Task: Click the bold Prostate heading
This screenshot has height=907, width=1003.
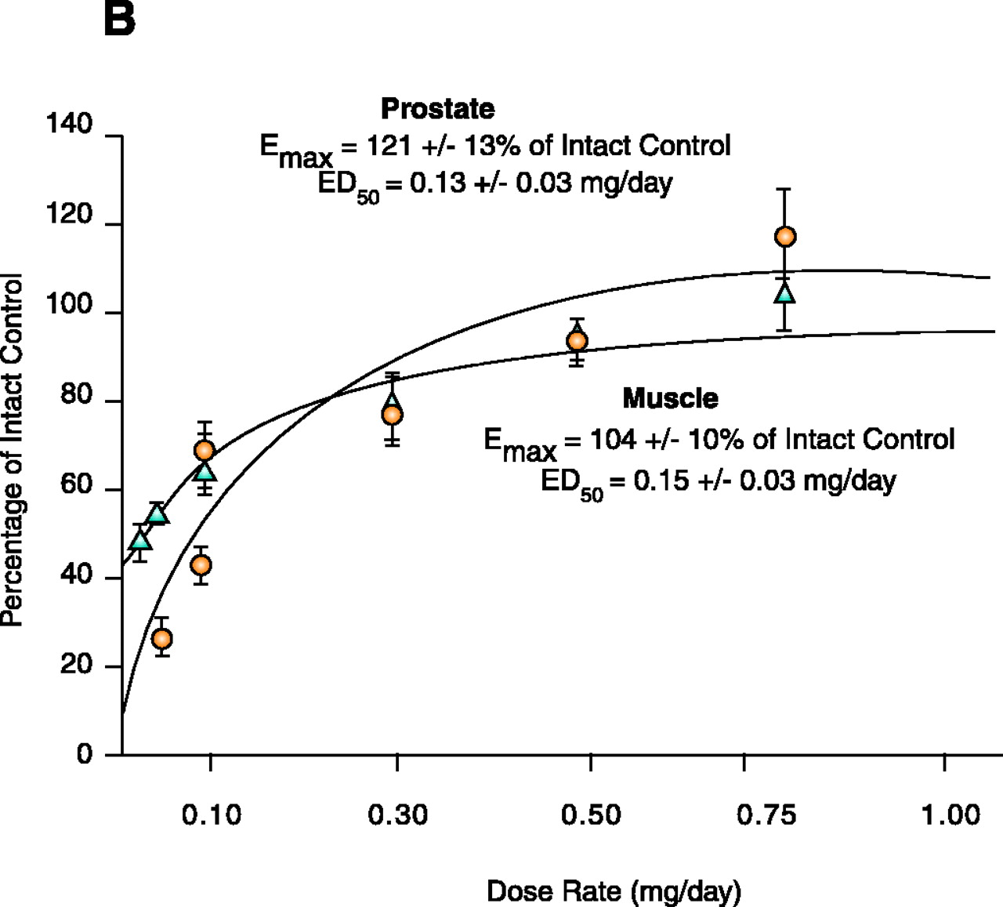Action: click(437, 109)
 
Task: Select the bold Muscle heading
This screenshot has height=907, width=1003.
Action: click(670, 398)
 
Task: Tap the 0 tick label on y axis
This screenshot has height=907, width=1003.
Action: click(85, 754)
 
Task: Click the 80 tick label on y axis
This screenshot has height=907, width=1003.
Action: click(77, 395)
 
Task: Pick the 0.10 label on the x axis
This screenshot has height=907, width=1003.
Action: click(212, 815)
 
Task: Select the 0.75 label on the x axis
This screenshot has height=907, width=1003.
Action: click(766, 815)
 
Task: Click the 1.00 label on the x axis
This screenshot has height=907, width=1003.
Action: click(950, 815)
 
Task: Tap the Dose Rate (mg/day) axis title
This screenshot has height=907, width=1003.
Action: click(614, 891)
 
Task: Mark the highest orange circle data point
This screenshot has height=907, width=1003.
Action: click(785, 237)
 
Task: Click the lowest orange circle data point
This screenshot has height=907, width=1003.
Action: click(162, 639)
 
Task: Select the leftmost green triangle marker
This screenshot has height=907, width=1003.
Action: click(140, 539)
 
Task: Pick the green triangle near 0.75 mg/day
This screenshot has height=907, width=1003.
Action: click(785, 293)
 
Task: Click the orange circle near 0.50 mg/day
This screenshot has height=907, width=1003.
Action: click(577, 341)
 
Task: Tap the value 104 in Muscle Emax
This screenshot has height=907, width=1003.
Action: click(613, 439)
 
